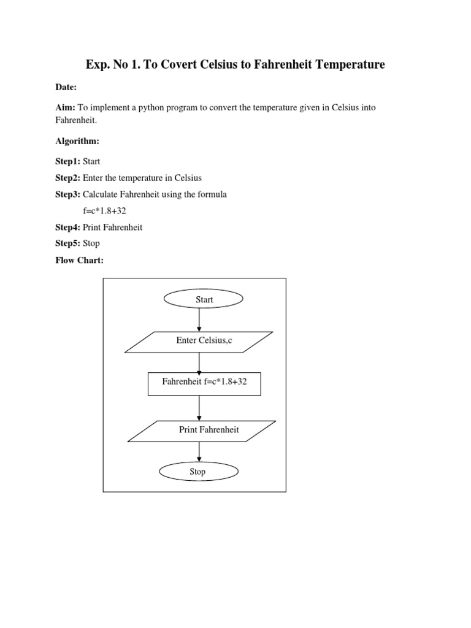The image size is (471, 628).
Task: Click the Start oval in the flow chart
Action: [204, 299]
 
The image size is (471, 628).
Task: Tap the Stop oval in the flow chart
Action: [197, 472]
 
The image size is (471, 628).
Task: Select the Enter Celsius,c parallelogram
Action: [199, 342]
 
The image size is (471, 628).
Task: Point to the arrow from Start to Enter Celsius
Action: [199, 320]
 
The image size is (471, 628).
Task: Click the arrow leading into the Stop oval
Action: [199, 451]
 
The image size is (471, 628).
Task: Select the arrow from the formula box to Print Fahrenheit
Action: [199, 408]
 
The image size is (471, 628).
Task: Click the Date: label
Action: [66, 88]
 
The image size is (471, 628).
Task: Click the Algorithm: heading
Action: [77, 141]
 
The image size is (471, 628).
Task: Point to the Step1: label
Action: [67, 162]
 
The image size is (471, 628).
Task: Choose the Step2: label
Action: [67, 178]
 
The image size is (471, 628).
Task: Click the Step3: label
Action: [67, 194]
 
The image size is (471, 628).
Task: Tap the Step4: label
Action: [67, 227]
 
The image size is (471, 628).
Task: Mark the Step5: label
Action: [67, 243]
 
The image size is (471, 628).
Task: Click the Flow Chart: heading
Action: [80, 260]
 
